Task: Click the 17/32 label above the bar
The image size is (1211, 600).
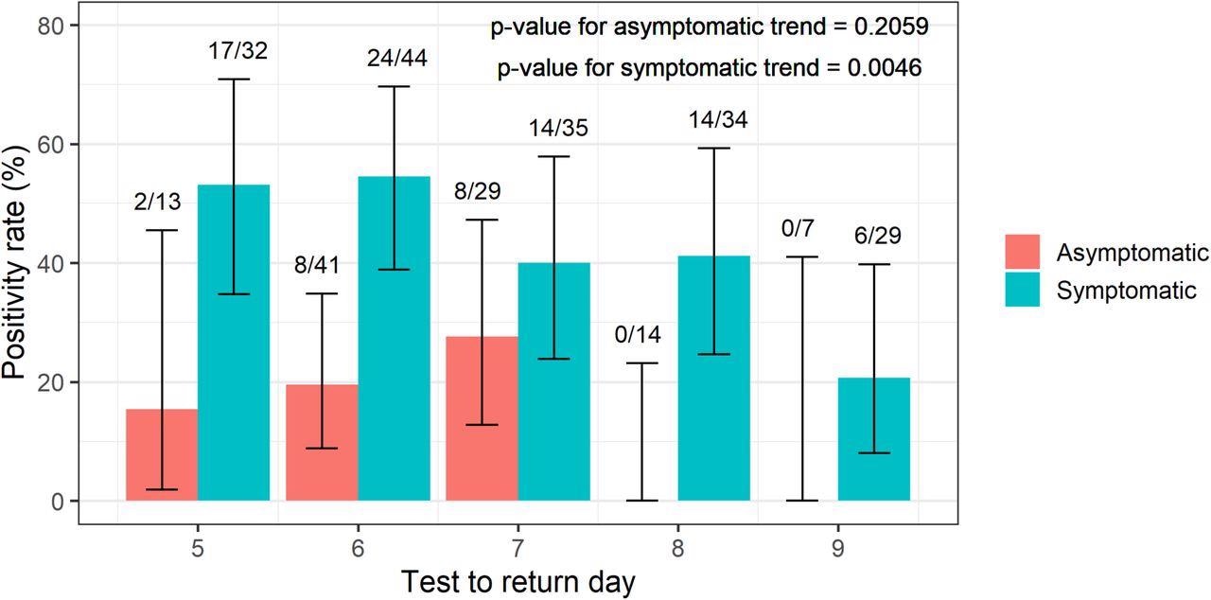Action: (237, 50)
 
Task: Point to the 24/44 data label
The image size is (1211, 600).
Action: (397, 58)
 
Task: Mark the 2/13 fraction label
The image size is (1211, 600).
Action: (157, 202)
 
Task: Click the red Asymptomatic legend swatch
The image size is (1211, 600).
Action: (1021, 253)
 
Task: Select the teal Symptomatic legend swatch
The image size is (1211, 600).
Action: (1021, 290)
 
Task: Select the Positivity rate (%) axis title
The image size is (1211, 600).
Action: (16, 263)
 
